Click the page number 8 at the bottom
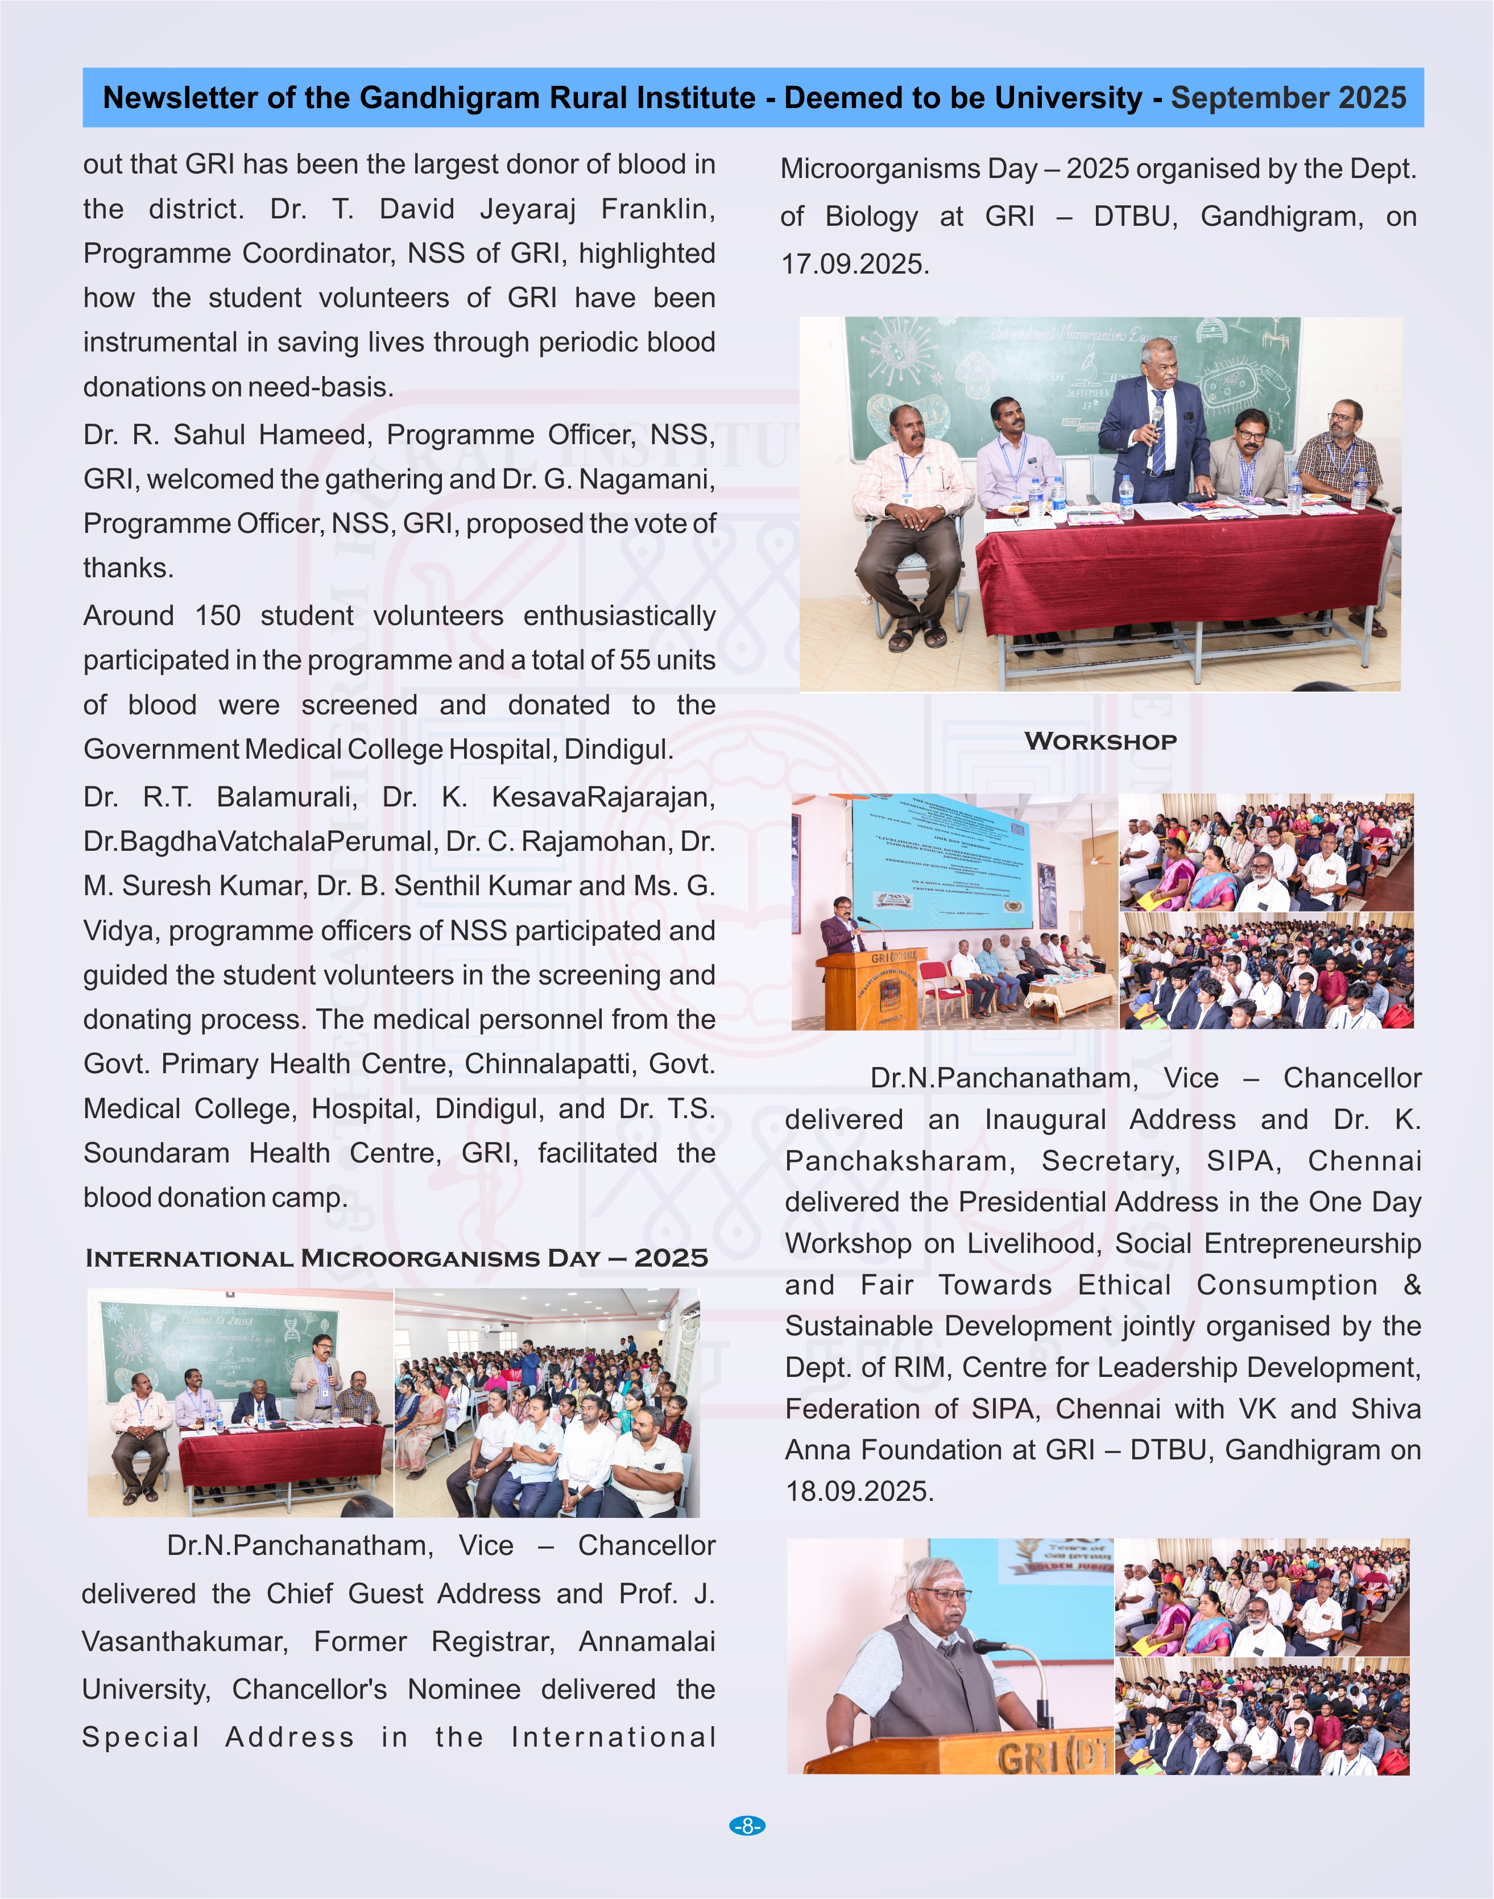point(747,1826)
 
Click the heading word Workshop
point(1100,741)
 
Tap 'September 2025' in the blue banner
point(1289,97)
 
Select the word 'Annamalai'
point(647,1642)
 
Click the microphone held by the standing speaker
point(1156,420)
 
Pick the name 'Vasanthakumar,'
point(185,1642)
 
